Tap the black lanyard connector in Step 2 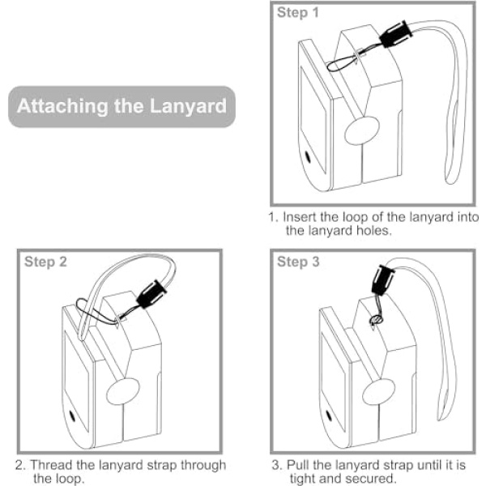click(x=151, y=293)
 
